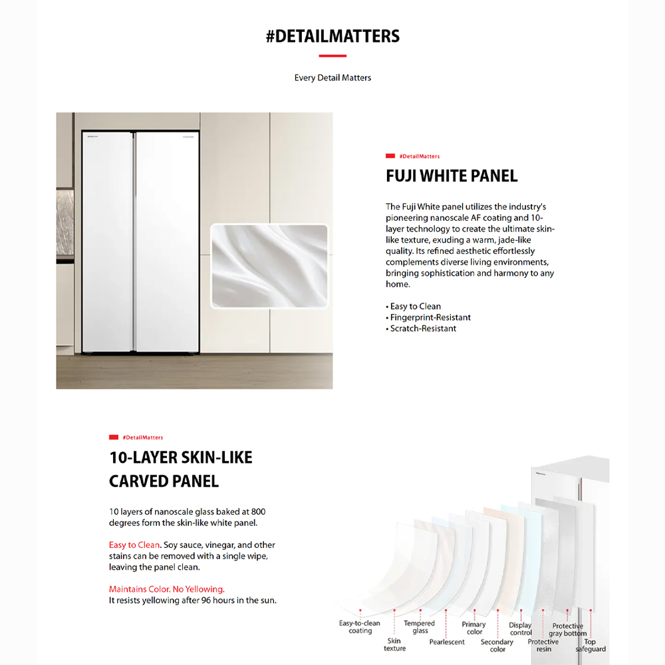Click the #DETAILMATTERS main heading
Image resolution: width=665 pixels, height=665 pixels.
click(x=332, y=36)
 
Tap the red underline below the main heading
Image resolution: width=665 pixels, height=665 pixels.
click(x=332, y=56)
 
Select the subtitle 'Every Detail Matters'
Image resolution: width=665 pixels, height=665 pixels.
click(x=332, y=78)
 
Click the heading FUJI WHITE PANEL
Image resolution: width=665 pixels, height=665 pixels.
click(x=452, y=176)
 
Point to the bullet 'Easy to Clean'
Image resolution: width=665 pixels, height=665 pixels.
click(x=415, y=307)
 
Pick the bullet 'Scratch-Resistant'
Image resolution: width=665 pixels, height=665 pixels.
click(x=423, y=329)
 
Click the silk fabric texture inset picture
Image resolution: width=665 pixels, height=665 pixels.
click(x=269, y=266)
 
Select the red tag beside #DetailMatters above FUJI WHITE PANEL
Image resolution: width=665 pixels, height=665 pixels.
click(x=390, y=156)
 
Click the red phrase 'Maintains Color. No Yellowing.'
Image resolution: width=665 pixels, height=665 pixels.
click(x=167, y=589)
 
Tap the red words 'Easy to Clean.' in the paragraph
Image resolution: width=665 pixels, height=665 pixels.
click(x=135, y=545)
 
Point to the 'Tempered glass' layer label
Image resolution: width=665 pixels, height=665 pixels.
click(x=420, y=627)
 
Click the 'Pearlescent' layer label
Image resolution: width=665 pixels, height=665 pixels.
click(x=447, y=642)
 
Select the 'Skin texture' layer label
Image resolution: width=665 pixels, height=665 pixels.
click(x=394, y=645)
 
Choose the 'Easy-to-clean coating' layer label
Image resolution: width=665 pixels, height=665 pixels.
click(x=360, y=627)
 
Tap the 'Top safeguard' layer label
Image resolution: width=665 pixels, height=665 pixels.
click(x=591, y=646)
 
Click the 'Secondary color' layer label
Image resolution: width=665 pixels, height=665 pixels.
click(x=497, y=646)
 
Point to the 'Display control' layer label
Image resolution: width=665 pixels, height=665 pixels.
click(x=521, y=629)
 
